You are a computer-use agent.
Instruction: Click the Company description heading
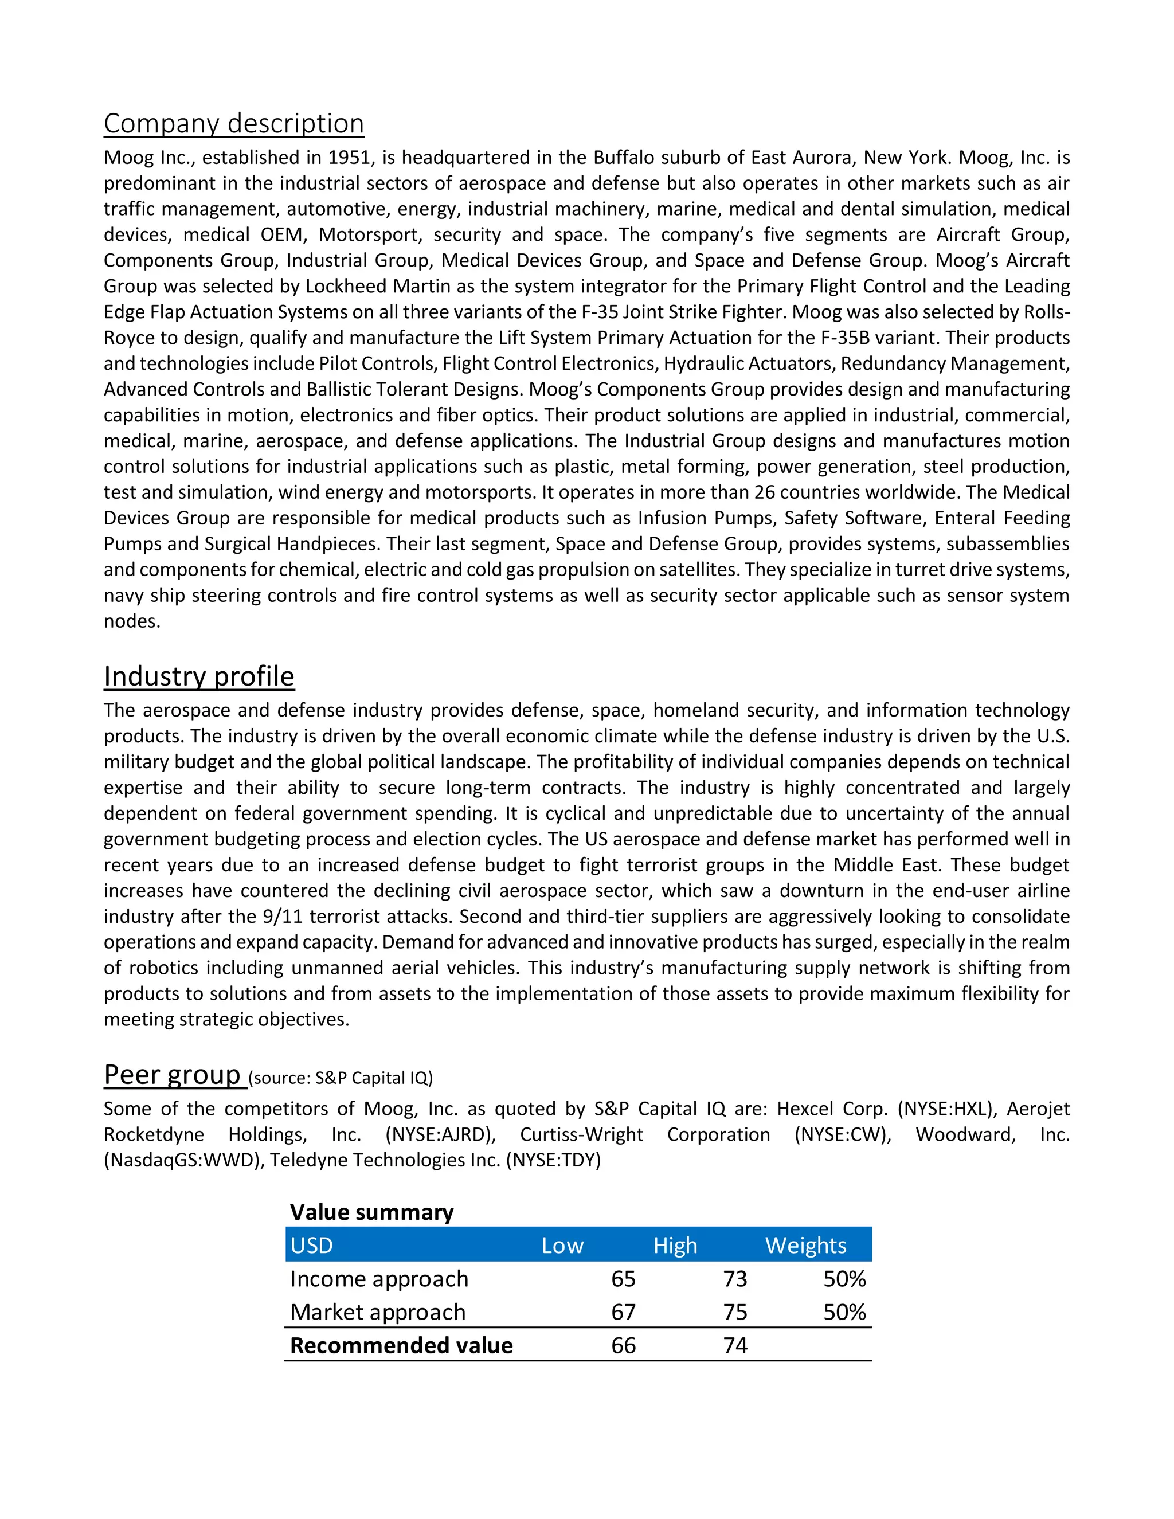234,124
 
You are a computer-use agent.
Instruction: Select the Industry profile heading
199,676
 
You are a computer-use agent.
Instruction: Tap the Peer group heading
173,1075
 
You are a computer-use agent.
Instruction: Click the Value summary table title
371,1212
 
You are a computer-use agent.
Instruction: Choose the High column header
675,1245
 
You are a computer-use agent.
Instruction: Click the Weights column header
805,1245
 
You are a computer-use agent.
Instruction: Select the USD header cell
312,1245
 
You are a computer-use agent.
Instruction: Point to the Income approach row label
379,1278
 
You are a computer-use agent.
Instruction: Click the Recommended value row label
401,1345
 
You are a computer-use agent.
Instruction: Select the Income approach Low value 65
623,1278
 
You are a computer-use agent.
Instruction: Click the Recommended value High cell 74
735,1345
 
